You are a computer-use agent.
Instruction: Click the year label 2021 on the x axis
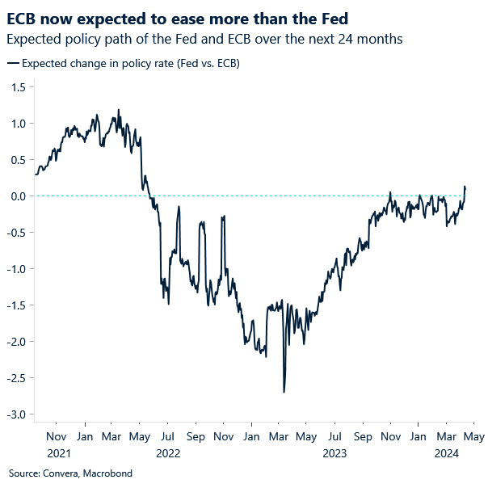[60, 454]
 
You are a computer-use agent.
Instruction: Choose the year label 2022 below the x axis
[168, 454]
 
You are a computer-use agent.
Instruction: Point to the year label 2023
[334, 454]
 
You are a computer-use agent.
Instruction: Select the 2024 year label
[446, 454]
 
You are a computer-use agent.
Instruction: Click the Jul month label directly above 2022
[168, 437]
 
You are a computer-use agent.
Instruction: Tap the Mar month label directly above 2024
[446, 437]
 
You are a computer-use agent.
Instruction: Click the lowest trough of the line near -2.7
[284, 392]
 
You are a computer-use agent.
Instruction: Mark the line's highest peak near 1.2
[119, 110]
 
